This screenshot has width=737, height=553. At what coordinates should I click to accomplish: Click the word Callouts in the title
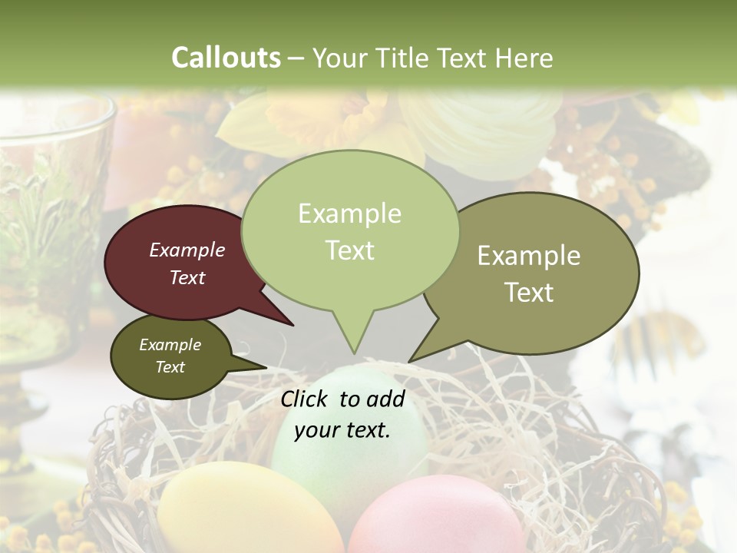226,58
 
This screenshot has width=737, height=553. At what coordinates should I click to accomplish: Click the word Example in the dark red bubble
187,250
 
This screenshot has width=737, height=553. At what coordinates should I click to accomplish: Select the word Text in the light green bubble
350,250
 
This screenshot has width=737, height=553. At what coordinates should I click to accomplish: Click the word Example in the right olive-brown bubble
529,256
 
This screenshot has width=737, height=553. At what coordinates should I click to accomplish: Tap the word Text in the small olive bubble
170,367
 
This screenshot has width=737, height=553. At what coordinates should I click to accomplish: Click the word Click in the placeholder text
305,399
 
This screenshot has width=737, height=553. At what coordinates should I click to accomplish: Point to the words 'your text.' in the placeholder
342,429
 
